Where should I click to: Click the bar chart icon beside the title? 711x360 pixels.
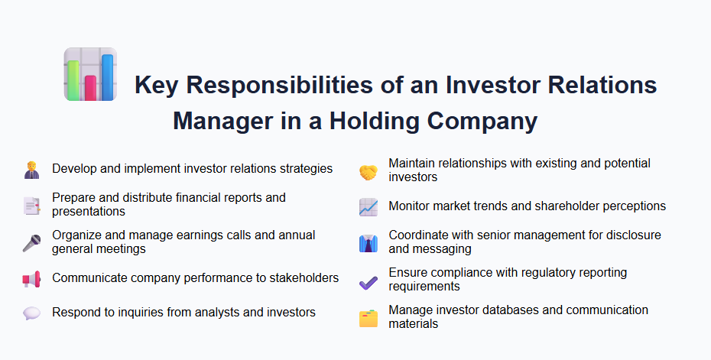90,74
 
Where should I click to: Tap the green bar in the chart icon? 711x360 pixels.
74,79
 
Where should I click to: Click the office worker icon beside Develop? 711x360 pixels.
31,170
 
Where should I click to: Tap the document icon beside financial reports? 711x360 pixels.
31,205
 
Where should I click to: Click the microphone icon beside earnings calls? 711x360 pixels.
31,242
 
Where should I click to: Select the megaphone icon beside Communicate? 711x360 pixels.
31,279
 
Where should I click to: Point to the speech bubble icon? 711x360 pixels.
31,313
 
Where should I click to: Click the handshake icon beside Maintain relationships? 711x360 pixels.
368,172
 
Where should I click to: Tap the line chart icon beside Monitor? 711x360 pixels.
368,207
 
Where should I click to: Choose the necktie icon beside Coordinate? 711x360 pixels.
368,243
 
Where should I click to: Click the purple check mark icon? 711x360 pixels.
368,281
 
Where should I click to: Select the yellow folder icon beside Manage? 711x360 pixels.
368,318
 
